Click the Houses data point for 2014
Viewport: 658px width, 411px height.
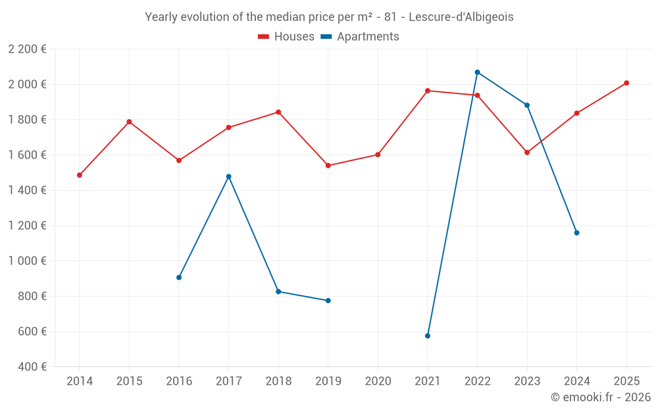click(80, 175)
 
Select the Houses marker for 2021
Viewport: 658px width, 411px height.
click(428, 91)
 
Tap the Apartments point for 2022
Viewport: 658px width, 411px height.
click(477, 72)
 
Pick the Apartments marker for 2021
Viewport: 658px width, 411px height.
click(428, 336)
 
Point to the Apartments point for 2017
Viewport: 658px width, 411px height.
click(229, 176)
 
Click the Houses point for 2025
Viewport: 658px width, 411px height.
click(626, 83)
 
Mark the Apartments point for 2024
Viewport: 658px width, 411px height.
click(576, 233)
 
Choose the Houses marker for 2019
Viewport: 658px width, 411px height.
click(328, 166)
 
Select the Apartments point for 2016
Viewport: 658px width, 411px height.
click(179, 278)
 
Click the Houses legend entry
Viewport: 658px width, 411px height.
click(286, 37)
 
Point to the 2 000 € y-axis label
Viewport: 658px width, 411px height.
click(28, 84)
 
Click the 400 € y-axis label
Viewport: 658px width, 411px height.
click(31, 367)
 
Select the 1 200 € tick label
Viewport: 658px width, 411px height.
click(28, 226)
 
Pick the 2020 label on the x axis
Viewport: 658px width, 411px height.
click(378, 381)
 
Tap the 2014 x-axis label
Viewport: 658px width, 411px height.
click(80, 381)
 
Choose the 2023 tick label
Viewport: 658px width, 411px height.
click(527, 381)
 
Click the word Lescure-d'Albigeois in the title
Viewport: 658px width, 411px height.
click(461, 17)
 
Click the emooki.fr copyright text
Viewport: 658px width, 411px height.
click(601, 397)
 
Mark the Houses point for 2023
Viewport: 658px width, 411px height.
click(527, 153)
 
